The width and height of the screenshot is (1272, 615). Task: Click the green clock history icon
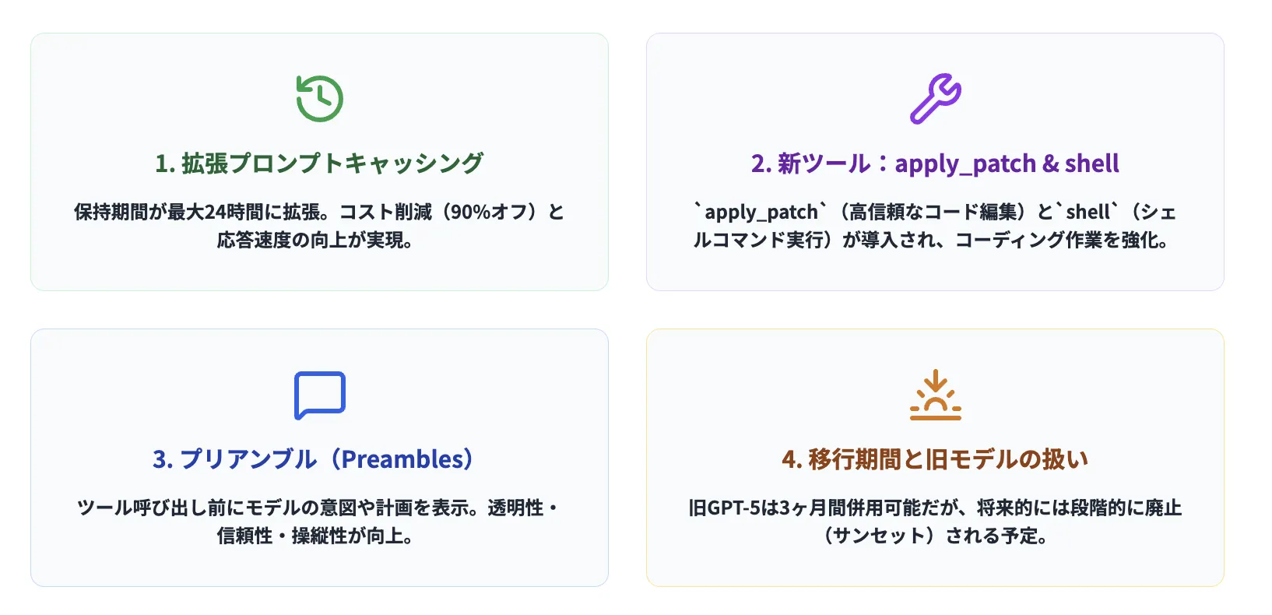click(319, 98)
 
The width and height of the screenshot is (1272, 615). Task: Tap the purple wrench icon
click(935, 98)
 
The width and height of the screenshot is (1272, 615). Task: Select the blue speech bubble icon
click(319, 395)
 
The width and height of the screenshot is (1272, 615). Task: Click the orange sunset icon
click(935, 395)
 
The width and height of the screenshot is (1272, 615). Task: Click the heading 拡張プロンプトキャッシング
click(332, 163)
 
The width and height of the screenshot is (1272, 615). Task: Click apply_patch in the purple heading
click(965, 164)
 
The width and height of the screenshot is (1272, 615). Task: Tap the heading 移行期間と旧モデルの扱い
click(947, 459)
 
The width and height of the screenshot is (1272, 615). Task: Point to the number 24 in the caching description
click(214, 212)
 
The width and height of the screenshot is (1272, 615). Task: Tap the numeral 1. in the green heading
click(164, 163)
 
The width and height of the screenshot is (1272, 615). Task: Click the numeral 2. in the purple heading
click(761, 163)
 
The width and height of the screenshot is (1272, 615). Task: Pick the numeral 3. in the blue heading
click(162, 459)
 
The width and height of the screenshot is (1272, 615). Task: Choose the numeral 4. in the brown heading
click(792, 459)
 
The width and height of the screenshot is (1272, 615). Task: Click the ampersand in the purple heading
click(1050, 163)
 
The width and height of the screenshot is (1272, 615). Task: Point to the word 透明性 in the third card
click(515, 508)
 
